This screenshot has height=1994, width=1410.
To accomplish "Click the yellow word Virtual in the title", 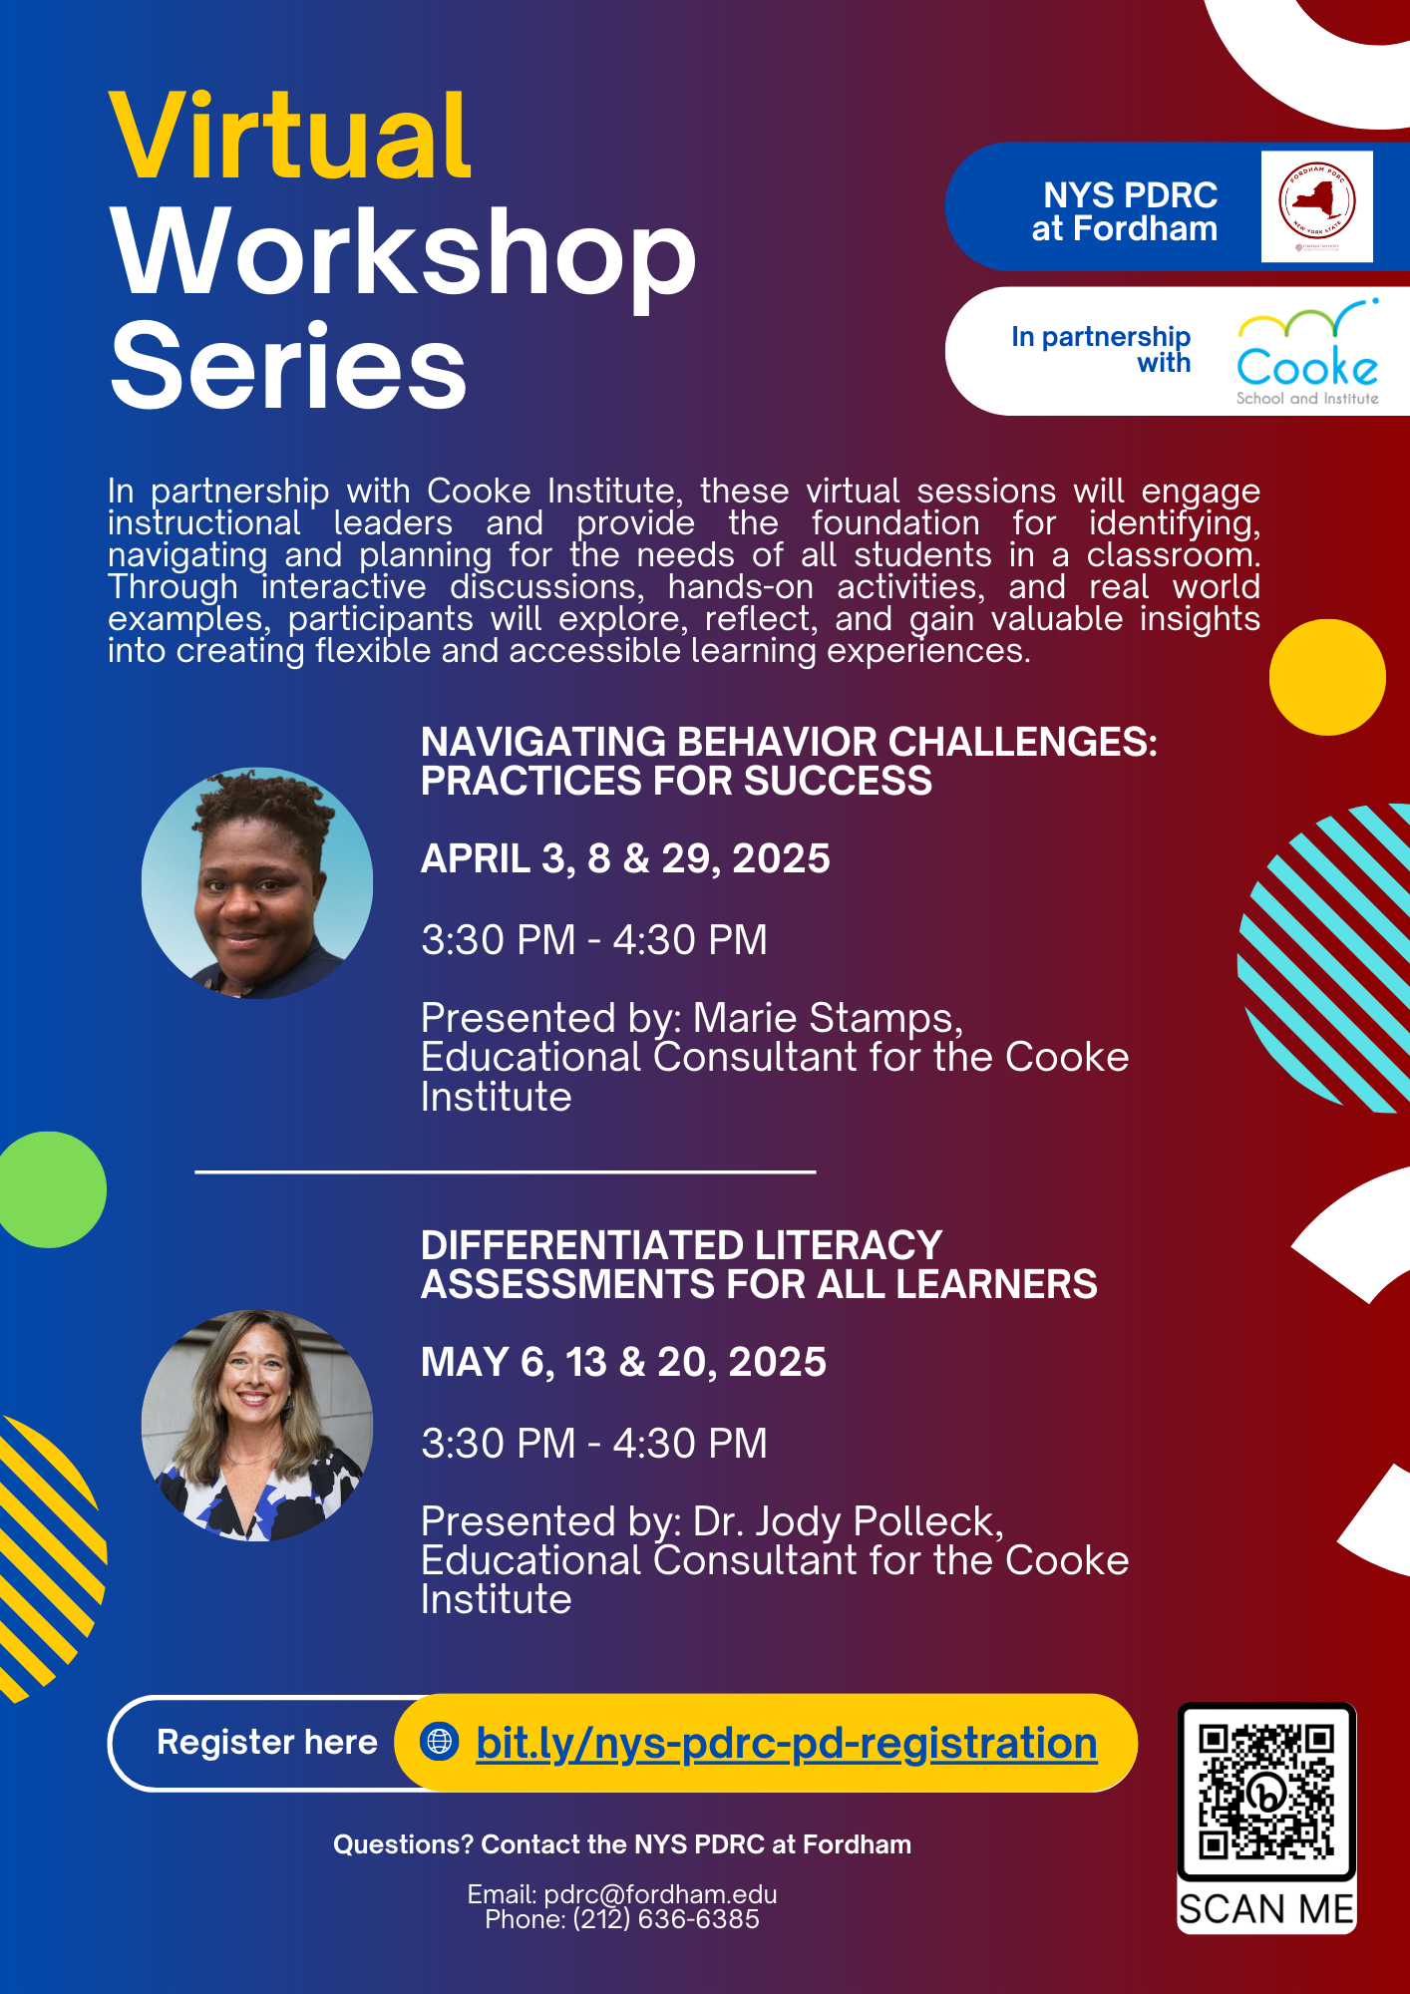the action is pos(290,136).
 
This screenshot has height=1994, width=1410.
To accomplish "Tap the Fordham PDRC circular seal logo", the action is pos(1317,202).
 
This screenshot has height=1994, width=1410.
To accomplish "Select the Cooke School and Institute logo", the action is pos(1307,352).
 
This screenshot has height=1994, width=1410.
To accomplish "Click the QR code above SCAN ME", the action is pos(1266,1792).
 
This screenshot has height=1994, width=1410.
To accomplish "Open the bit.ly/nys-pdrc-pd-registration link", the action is pos(787,1743).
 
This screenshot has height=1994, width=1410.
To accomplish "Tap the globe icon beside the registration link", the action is pos(440,1742).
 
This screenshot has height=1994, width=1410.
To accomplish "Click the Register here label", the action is pos(267,1742).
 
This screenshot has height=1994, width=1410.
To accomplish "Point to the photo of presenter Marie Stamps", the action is pos(257,883).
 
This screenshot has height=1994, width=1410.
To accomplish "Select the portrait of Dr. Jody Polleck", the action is pos(257,1426).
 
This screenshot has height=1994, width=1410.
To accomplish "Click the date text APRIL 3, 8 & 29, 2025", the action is pos(625,858).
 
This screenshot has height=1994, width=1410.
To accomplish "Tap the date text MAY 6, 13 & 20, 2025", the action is pos(623,1362).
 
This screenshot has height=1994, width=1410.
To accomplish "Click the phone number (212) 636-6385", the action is pos(666,1919).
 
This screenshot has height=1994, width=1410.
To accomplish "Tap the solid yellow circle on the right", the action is pos(1327,677).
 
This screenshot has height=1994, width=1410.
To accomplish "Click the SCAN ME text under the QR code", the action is pos(1266,1909).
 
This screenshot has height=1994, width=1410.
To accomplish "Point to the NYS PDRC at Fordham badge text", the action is pos(1125,211).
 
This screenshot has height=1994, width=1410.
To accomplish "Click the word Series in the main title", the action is pos(289,366).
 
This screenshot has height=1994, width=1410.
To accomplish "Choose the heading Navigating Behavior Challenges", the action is pos(789,762).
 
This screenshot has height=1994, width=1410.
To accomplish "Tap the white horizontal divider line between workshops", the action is pos(506,1171).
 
